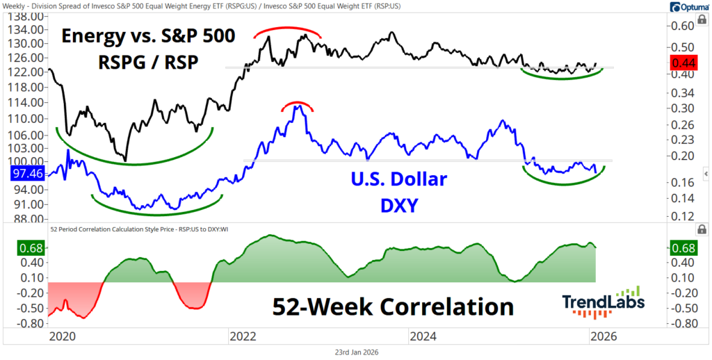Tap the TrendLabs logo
point(603,302)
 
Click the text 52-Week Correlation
point(393,306)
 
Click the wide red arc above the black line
point(287,31)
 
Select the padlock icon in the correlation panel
point(702,229)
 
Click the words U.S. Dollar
point(394,179)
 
